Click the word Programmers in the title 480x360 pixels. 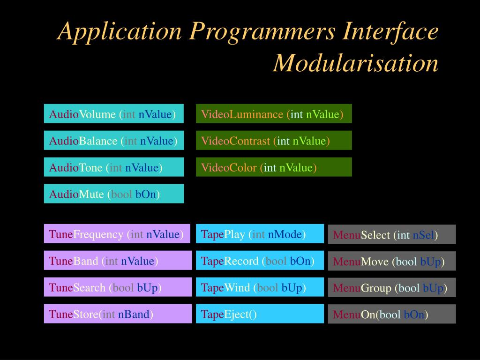pyautogui.click(x=262, y=32)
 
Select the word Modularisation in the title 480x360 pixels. pyautogui.click(x=356, y=63)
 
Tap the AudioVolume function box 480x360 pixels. pyautogui.click(x=113, y=114)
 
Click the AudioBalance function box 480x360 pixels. pyautogui.click(x=113, y=141)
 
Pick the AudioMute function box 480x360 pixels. pyautogui.click(x=113, y=194)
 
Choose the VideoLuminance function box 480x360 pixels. pyautogui.click(x=274, y=114)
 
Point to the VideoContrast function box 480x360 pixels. pyautogui.click(x=274, y=141)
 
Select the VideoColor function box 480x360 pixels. pyautogui.click(x=274, y=167)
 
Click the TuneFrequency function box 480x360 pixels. pyautogui.click(x=117, y=234)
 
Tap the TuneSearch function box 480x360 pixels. pyautogui.click(x=118, y=287)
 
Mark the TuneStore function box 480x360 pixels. pyautogui.click(x=118, y=314)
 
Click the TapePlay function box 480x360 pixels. pyautogui.click(x=260, y=234)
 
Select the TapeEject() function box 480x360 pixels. pyautogui.click(x=260, y=314)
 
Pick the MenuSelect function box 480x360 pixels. pyautogui.click(x=391, y=235)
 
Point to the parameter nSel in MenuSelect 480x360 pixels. pyautogui.click(x=423, y=235)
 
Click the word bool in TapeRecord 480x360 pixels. pyautogui.click(x=276, y=261)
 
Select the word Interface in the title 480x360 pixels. pyautogui.click(x=391, y=32)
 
